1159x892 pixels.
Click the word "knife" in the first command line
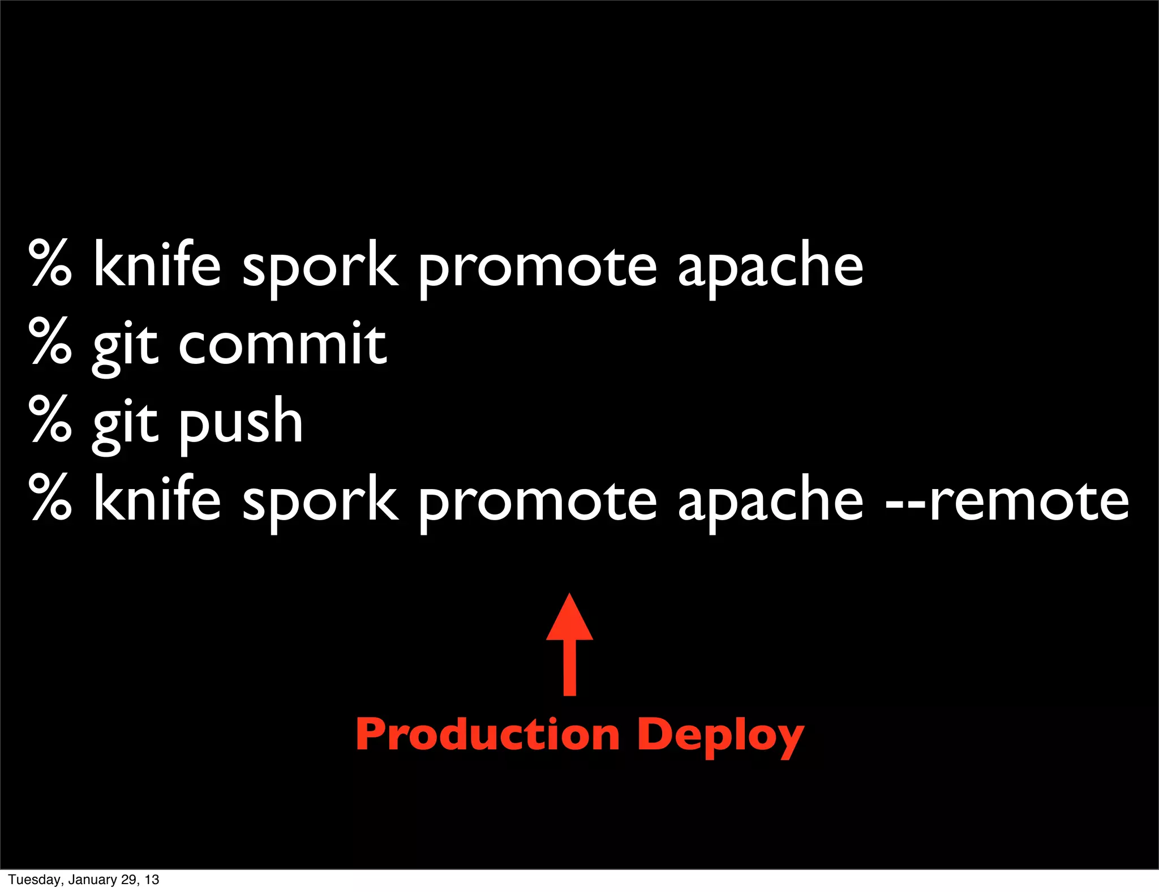pyautogui.click(x=157, y=264)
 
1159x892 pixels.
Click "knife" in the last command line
pyautogui.click(x=157, y=498)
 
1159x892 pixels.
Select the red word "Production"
pyautogui.click(x=487, y=734)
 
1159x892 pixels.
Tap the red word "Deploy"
pyautogui.click(x=720, y=736)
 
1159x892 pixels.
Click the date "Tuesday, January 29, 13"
pyautogui.click(x=84, y=880)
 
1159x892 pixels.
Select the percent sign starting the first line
pyautogui.click(x=50, y=263)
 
